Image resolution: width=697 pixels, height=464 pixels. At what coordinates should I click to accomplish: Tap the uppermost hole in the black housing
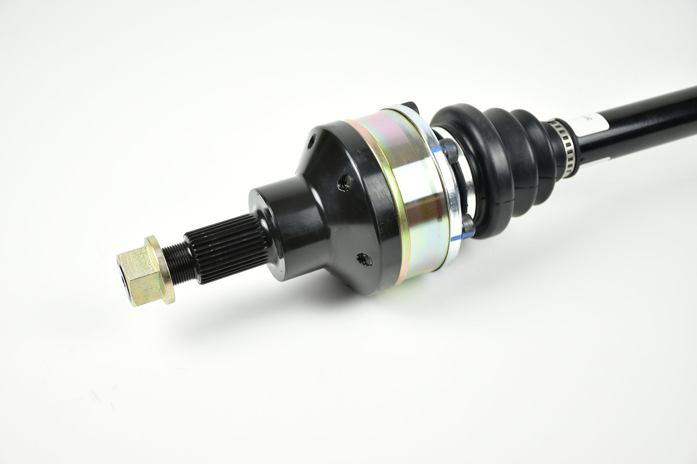click(312, 140)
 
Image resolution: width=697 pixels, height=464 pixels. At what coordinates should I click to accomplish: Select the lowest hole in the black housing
click(364, 259)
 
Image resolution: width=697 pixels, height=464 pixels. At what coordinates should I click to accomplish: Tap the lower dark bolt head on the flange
click(468, 225)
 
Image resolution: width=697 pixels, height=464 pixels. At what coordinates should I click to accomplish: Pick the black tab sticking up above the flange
click(409, 106)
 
